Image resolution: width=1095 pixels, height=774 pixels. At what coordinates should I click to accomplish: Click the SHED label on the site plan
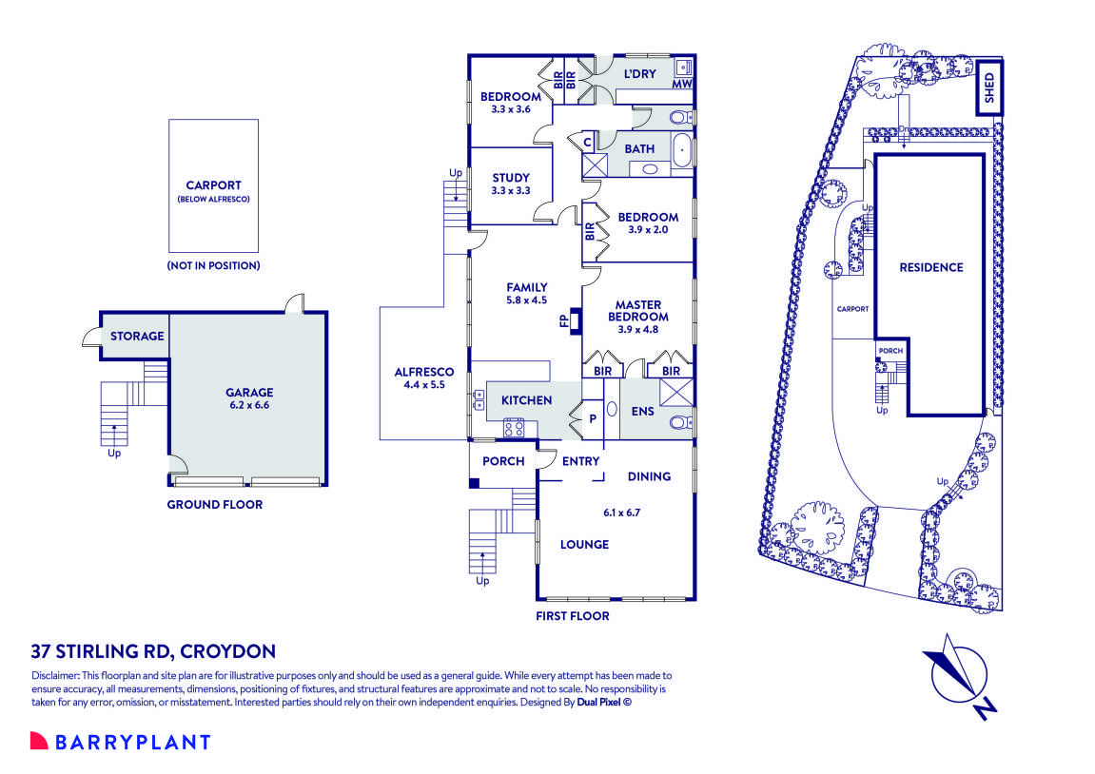pyautogui.click(x=988, y=87)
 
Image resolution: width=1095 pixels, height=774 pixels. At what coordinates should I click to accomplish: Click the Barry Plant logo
pyautogui.click(x=120, y=742)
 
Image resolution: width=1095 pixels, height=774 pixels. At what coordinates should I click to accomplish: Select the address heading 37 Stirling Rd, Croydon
pyautogui.click(x=153, y=651)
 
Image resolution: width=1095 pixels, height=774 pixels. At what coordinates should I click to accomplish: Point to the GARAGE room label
pyautogui.click(x=249, y=392)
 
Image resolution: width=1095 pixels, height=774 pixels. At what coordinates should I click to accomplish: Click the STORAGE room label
pyautogui.click(x=137, y=336)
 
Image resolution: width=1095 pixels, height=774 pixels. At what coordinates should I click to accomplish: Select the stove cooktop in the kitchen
pyautogui.click(x=514, y=428)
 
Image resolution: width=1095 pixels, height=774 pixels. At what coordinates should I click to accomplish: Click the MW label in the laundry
pyautogui.click(x=681, y=85)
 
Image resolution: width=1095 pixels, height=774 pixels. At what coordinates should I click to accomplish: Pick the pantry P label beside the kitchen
pyautogui.click(x=592, y=416)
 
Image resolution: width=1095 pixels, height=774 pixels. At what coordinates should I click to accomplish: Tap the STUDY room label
pyautogui.click(x=511, y=178)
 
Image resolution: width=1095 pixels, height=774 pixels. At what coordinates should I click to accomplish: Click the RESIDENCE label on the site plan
pyautogui.click(x=930, y=267)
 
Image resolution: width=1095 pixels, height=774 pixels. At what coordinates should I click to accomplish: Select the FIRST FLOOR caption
pyautogui.click(x=572, y=616)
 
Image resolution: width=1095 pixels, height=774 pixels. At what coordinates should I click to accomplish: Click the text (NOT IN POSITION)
pyautogui.click(x=213, y=265)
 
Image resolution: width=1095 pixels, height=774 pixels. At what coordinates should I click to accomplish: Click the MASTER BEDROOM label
pyautogui.click(x=637, y=311)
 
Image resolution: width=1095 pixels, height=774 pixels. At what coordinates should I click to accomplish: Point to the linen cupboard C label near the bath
pyautogui.click(x=587, y=143)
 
